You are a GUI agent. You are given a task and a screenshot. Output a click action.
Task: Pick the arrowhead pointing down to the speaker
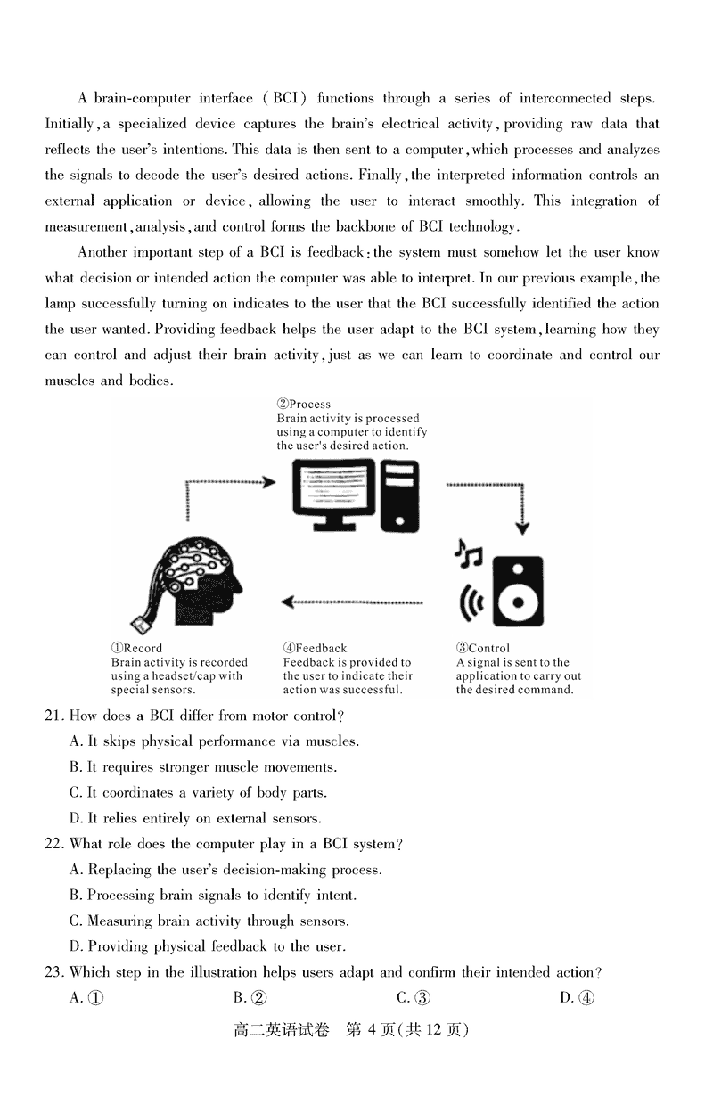(x=523, y=528)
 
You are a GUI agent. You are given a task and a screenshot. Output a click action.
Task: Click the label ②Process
(x=304, y=405)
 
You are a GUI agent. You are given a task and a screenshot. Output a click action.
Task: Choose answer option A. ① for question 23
(x=86, y=998)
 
